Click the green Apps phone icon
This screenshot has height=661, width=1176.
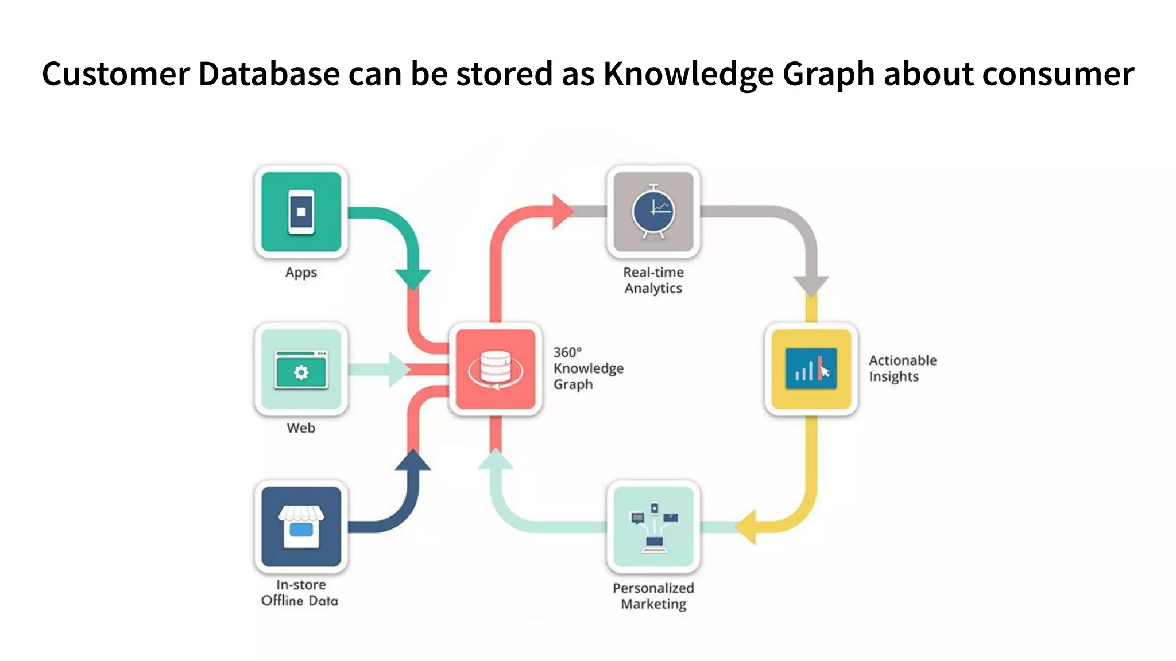[301, 212]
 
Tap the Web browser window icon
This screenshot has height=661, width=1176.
[301, 370]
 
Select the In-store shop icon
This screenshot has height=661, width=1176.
[301, 527]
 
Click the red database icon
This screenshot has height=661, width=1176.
[495, 369]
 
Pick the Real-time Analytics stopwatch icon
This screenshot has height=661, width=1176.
[653, 212]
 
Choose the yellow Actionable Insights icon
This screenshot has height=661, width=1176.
[811, 369]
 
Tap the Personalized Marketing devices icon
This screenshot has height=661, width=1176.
[653, 527]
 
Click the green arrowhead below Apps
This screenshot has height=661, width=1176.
[412, 278]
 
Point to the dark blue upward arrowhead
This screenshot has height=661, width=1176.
[412, 461]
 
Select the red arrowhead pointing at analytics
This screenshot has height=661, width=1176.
[562, 211]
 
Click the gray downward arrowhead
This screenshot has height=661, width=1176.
[811, 285]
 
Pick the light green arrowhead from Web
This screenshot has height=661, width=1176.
[399, 370]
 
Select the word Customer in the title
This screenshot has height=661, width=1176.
[115, 74]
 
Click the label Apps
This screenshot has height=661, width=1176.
[301, 273]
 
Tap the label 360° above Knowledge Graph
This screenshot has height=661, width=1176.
[567, 352]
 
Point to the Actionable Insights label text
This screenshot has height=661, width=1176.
[902, 368]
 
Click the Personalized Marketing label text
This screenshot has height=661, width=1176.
[653, 596]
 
